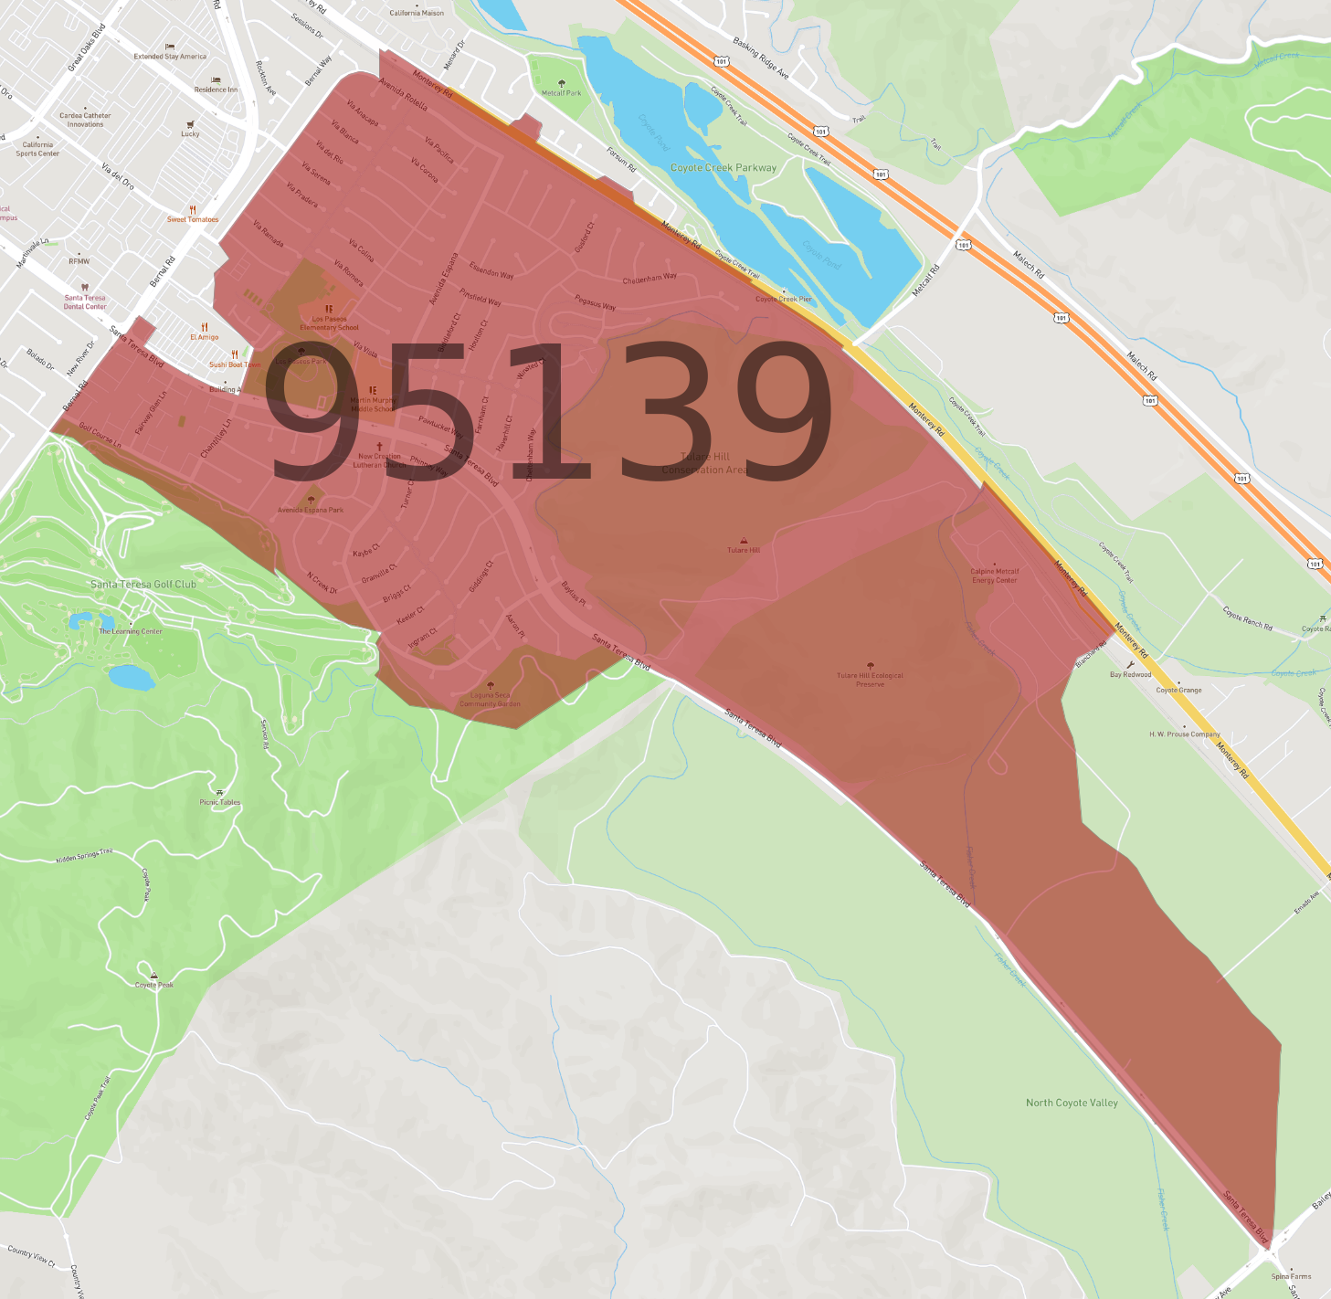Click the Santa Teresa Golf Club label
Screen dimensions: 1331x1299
(x=143, y=584)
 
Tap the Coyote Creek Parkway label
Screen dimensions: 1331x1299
(x=723, y=168)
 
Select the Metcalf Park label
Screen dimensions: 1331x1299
(x=561, y=92)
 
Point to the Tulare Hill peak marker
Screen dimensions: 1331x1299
(x=744, y=541)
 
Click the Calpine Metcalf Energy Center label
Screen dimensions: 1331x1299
(x=995, y=576)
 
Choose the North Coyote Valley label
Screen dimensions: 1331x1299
(x=1072, y=1103)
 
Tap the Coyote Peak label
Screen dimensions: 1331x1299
(x=153, y=984)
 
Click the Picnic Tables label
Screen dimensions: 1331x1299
(x=219, y=802)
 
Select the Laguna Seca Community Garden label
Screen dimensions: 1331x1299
(x=491, y=699)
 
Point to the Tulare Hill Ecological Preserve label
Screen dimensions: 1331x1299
(x=870, y=680)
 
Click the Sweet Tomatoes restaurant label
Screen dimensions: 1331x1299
(x=193, y=219)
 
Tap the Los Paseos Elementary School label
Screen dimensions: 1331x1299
(x=329, y=323)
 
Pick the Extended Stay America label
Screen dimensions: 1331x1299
(x=170, y=56)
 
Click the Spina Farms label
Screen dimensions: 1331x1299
(x=1291, y=1276)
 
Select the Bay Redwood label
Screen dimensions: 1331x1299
(x=1130, y=674)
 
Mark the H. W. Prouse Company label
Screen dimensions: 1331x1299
(x=1185, y=734)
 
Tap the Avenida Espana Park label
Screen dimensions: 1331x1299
(x=311, y=510)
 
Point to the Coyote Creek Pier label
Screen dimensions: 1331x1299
(x=783, y=299)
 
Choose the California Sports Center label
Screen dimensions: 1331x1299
(x=37, y=149)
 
